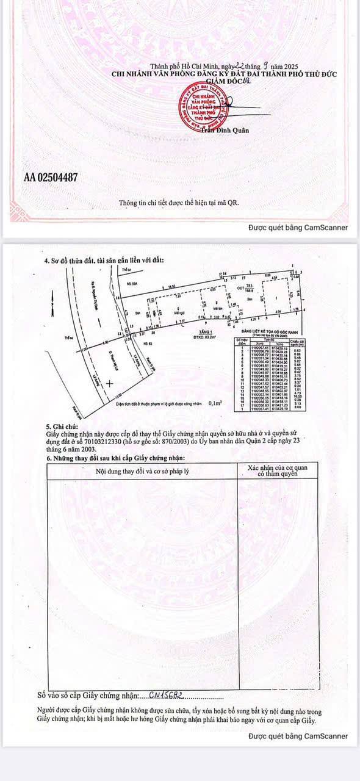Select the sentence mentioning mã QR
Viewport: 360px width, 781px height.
coord(178,203)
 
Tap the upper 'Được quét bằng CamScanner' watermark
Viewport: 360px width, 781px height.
coord(298,228)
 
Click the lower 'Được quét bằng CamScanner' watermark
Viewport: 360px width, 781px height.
coord(298,736)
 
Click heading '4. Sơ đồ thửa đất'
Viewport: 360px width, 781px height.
coord(104,261)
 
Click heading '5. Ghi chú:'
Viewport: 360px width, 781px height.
coord(63,428)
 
